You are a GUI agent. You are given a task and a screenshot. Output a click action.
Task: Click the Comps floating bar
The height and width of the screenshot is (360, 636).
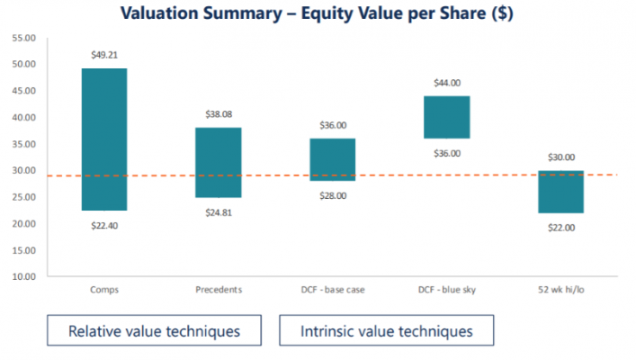pos(103,139)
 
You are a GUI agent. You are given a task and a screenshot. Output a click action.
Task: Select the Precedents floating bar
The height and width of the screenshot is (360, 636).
pos(218,162)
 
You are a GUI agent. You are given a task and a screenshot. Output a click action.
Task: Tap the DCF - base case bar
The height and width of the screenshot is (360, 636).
pos(332,159)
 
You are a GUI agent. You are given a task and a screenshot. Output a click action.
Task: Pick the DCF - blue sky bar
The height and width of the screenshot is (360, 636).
pos(446,117)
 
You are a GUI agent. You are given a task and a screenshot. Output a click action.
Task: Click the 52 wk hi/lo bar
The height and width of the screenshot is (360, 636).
pos(560,192)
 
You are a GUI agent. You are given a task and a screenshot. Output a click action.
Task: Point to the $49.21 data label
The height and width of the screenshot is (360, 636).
pos(104,56)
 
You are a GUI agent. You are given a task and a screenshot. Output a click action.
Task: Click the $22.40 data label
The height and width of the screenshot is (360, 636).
pos(104,225)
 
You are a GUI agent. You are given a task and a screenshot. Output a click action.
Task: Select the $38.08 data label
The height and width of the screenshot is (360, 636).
pos(219,114)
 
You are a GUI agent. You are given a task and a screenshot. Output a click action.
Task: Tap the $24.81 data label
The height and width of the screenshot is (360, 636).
pos(219,212)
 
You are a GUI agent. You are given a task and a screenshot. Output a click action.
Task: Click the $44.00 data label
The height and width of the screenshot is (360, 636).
pos(447,83)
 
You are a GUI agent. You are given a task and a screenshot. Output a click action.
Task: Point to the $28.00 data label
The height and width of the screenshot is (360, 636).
pos(333,195)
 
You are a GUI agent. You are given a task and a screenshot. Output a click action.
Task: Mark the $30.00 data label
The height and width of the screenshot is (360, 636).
pos(561,157)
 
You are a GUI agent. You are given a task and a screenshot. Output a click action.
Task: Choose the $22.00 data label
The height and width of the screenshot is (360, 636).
pos(561,228)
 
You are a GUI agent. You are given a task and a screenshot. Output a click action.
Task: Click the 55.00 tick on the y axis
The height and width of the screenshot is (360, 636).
pos(24,39)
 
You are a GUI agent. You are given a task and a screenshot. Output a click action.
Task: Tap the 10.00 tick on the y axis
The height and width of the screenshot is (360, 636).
pos(24,276)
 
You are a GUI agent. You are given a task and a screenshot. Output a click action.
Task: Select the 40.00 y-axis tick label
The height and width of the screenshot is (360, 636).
pos(24,118)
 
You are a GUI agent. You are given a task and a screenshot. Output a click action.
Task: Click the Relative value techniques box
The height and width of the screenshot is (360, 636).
pos(154,330)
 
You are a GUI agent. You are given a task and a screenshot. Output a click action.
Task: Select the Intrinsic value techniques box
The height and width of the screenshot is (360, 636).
pos(387,330)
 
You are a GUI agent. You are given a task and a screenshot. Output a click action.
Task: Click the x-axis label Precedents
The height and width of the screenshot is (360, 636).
pos(218,290)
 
